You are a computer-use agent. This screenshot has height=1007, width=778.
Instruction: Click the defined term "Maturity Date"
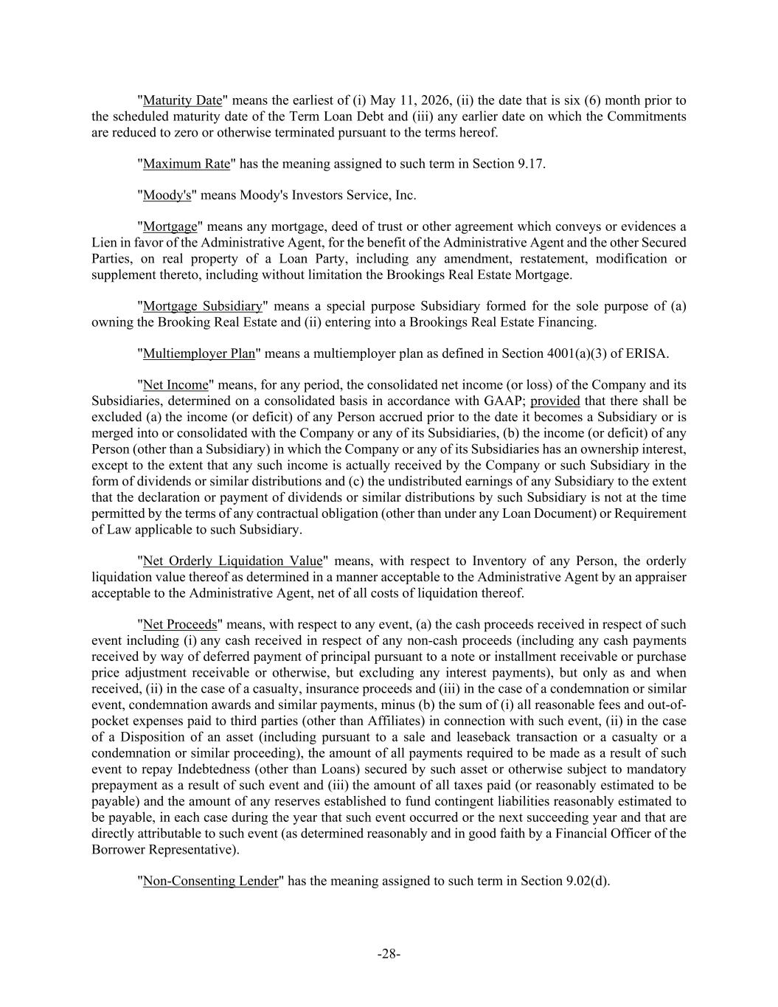pos(182,100)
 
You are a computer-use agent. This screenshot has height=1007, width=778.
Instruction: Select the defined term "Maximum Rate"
pos(187,164)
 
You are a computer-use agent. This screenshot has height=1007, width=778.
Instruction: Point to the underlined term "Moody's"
pos(167,195)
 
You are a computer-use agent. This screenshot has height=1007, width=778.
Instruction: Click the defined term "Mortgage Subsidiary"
pos(203,306)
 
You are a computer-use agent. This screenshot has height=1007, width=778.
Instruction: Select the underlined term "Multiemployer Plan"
pos(198,353)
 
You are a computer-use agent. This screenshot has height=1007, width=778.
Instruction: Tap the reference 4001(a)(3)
pos(572,353)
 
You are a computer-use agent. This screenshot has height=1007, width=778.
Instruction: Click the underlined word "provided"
pos(555,401)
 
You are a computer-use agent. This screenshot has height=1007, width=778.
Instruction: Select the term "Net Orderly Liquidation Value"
pos(232,561)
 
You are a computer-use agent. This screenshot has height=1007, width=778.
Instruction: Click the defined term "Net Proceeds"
pos(180,625)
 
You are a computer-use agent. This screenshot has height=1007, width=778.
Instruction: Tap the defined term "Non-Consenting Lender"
pos(210,881)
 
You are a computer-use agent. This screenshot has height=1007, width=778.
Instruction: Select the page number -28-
pos(389,955)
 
